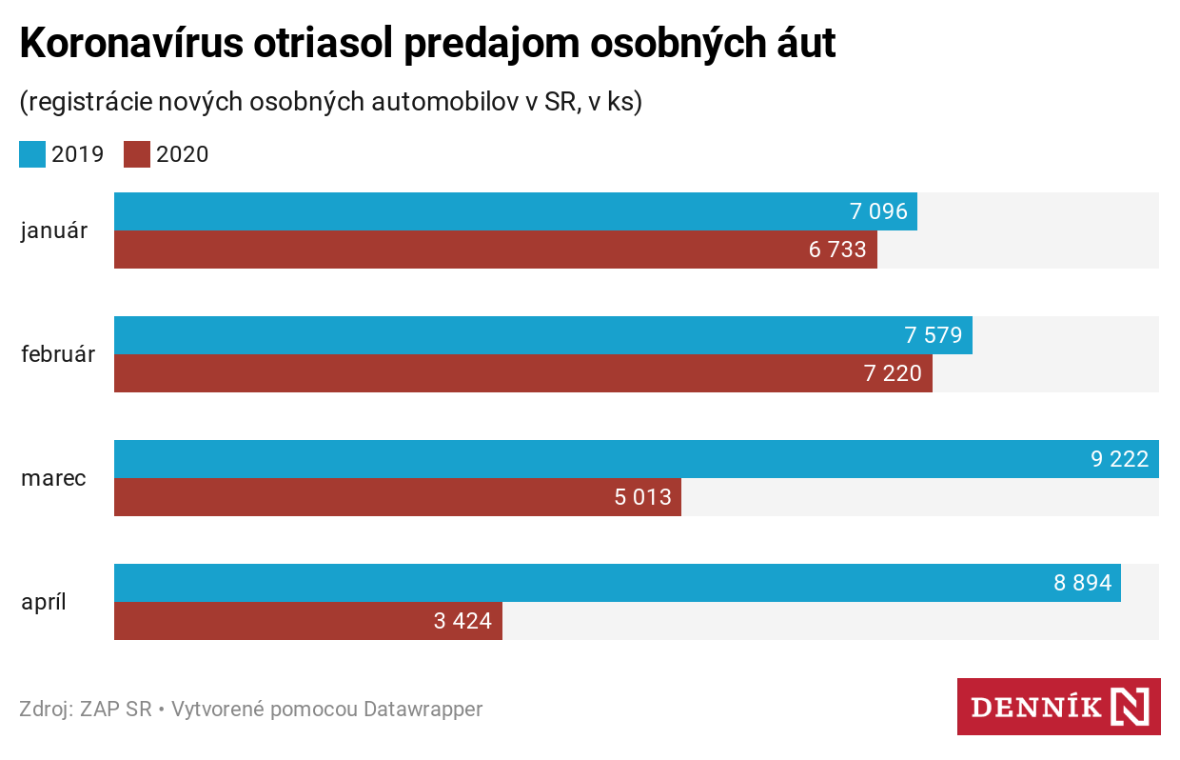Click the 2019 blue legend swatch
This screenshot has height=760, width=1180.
(32, 154)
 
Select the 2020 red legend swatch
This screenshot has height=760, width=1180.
(137, 154)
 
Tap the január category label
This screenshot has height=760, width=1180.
(53, 230)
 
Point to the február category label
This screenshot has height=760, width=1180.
(58, 354)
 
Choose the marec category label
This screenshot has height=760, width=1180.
(53, 478)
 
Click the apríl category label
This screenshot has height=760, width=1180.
(44, 602)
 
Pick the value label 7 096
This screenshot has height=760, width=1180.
(878, 211)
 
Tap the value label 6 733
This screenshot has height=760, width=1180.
(837, 250)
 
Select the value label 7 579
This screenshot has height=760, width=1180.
(933, 335)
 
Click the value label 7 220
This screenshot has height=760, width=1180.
(893, 373)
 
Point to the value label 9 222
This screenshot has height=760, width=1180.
(1119, 459)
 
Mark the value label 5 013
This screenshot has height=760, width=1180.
(642, 497)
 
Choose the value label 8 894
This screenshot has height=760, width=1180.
(1082, 583)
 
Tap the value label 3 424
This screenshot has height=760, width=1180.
(462, 621)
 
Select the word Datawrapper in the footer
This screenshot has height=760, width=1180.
(423, 710)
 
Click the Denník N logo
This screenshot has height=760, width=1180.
(1058, 707)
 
